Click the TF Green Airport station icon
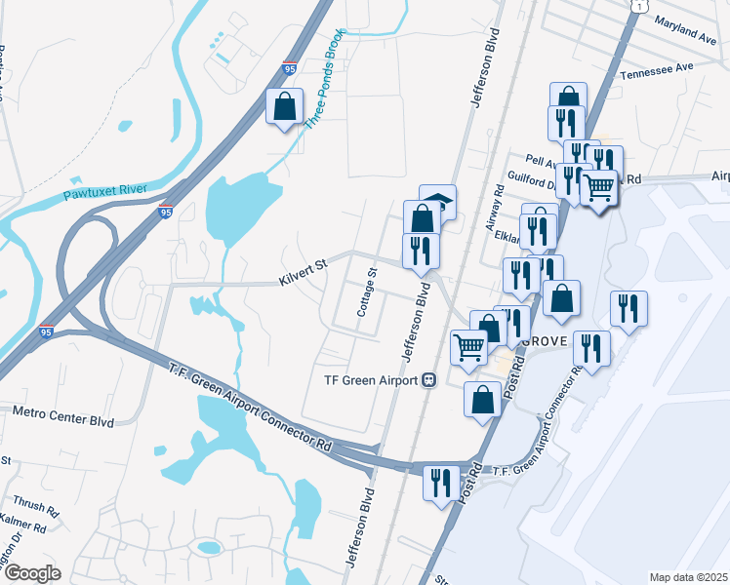point(428,380)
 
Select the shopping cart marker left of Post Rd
point(469,346)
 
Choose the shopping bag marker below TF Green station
point(482,399)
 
